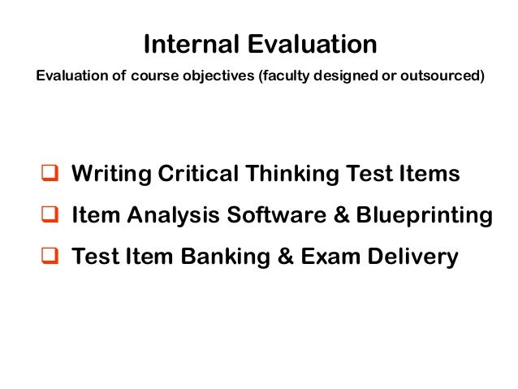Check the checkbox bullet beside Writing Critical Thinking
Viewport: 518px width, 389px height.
coord(50,174)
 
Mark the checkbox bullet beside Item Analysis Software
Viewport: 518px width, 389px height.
coord(50,216)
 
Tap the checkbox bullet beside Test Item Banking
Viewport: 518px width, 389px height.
coord(50,257)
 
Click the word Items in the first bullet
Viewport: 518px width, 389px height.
coord(430,174)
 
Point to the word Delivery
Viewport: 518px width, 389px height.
coord(414,257)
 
